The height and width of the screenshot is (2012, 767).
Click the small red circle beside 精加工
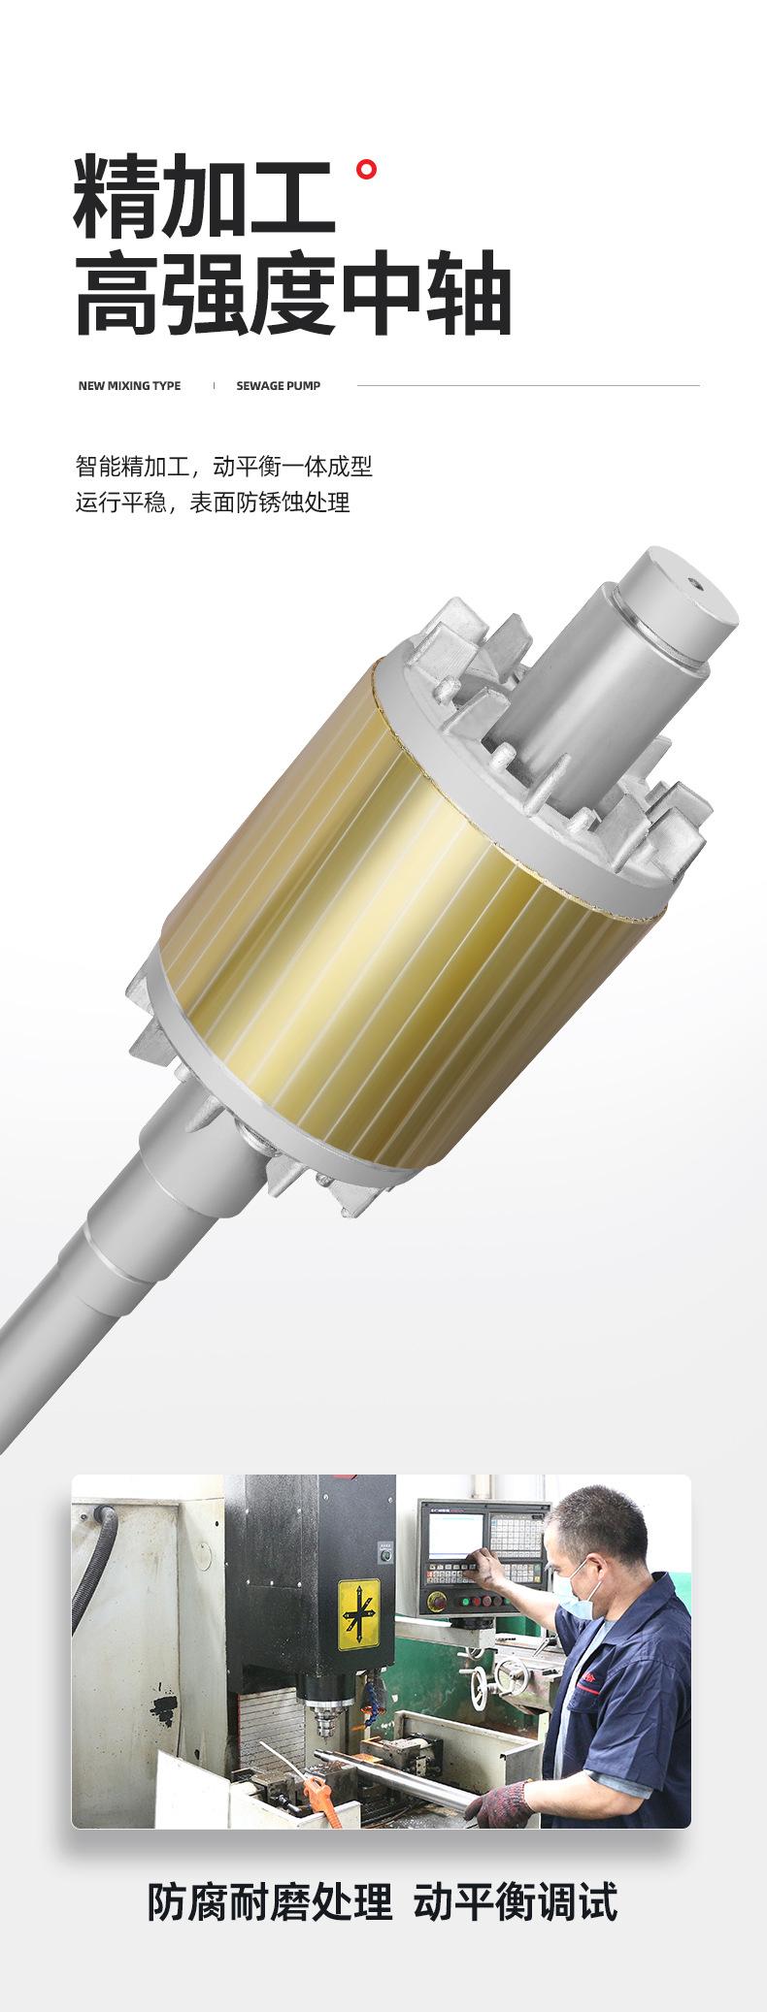(366, 170)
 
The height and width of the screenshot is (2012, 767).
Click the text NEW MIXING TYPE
(129, 385)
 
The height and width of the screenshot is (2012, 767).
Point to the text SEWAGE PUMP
(278, 385)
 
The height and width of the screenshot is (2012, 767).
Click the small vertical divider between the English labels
(214, 385)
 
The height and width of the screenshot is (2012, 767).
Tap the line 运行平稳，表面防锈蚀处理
(213, 503)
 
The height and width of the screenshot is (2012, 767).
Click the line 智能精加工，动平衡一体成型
(224, 467)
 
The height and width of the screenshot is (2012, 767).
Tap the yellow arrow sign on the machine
(358, 1613)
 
